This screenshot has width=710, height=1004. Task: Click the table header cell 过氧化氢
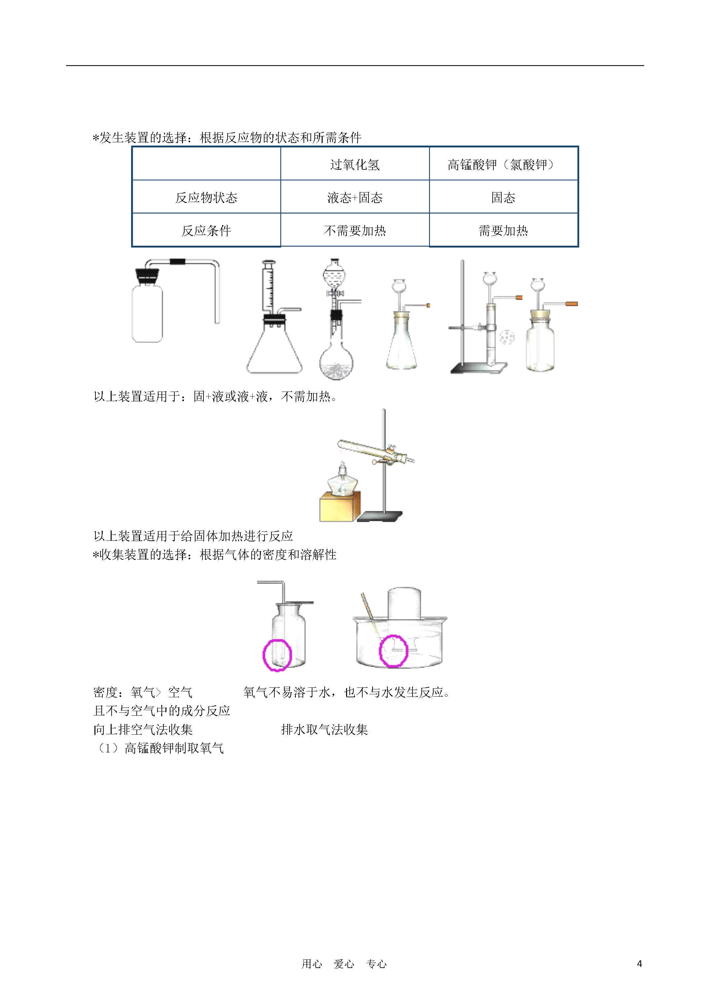tap(355, 165)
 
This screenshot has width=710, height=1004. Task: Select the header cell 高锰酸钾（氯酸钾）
tap(503, 165)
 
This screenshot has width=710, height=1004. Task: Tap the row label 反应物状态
tap(206, 198)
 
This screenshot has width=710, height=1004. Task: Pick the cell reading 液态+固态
tap(355, 198)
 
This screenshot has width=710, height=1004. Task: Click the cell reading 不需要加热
tap(355, 230)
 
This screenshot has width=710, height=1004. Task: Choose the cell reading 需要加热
tap(503, 230)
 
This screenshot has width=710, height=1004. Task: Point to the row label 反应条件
tap(206, 230)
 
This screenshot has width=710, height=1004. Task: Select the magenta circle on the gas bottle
tap(277, 655)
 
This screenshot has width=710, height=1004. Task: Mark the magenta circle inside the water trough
tap(393, 651)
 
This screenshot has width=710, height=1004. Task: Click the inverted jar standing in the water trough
tap(404, 604)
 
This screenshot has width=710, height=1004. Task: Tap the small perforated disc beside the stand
tap(507, 337)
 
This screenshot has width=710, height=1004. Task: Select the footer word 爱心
tap(344, 964)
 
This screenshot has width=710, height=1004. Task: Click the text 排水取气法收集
tap(324, 729)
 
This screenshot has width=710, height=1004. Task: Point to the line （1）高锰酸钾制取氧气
tap(159, 748)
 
